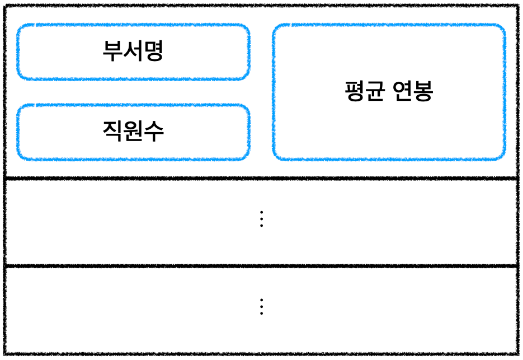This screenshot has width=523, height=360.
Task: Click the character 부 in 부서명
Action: click(112, 52)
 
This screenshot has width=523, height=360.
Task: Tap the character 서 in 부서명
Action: click(133, 52)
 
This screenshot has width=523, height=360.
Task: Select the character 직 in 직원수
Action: click(112, 132)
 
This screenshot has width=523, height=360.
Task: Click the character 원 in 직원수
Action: click(133, 132)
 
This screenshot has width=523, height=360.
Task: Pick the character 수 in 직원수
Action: click(154, 132)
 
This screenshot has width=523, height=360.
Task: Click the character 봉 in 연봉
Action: click(423, 91)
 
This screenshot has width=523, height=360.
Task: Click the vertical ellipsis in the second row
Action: click(261, 219)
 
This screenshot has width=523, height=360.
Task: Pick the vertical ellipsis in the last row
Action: click(261, 306)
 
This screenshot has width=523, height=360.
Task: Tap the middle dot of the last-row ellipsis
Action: click(261, 306)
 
